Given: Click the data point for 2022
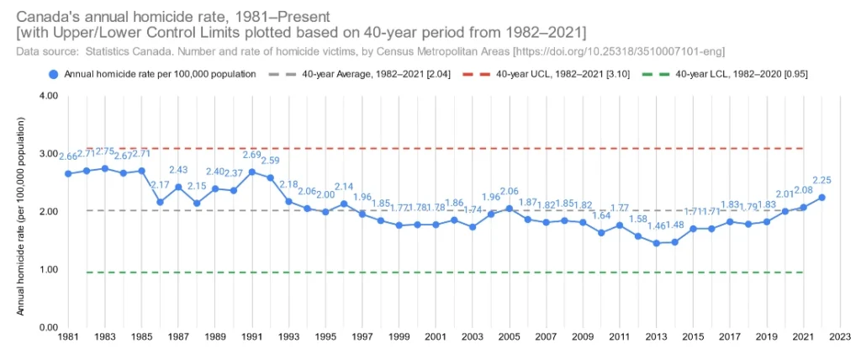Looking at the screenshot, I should (821, 198).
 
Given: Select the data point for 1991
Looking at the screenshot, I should (251, 172).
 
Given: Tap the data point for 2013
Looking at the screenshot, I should (657, 243).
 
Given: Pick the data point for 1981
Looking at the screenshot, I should (68, 174).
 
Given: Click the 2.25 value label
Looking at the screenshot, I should (821, 180).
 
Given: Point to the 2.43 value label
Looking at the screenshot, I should (178, 170).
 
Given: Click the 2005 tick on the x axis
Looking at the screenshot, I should (508, 336).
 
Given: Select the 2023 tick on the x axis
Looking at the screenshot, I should (839, 336).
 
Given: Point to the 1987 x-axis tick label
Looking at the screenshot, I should (178, 336).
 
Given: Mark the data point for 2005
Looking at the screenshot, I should (508, 209).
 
